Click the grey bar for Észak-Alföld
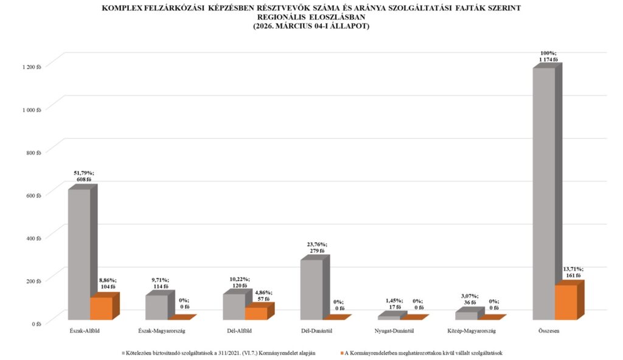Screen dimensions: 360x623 [x=79, y=254]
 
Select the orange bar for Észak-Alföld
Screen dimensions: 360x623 [x=101, y=308]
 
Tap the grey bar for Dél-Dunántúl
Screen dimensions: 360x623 [x=311, y=289]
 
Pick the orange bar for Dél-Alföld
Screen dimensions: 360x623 [x=256, y=313]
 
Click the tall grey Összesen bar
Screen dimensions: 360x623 [x=543, y=193]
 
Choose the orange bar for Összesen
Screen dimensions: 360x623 [x=566, y=302]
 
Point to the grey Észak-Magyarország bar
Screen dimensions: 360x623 [x=156, y=307]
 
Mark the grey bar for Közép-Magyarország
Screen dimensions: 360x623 [x=466, y=316]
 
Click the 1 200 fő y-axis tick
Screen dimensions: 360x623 [x=31, y=66]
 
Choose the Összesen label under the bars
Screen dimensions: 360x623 [x=549, y=331]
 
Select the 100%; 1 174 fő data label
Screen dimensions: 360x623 [x=548, y=56]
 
